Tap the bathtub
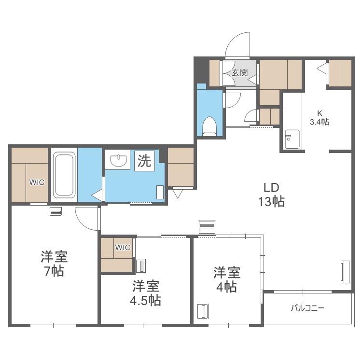tap(64, 174)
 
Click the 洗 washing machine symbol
tap(144, 160)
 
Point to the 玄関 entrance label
tap(239, 73)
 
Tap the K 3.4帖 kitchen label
tap(319, 117)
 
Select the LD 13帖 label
tap(271, 195)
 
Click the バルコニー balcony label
tap(307, 308)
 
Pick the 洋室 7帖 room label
tap(54, 264)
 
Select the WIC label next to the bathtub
tap(37, 182)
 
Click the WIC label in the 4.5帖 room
tap(123, 247)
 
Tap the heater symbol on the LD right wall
tap(345, 272)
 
